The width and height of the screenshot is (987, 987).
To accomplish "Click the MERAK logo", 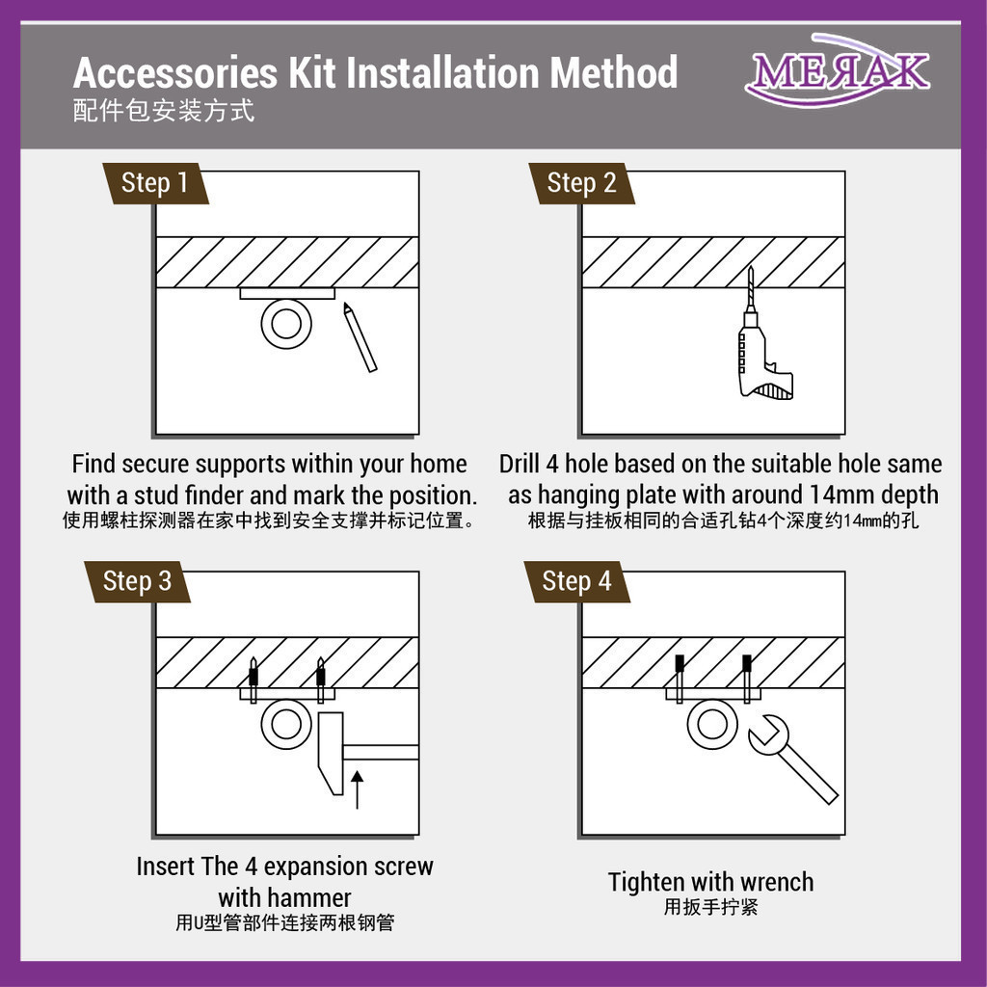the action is pyautogui.click(x=838, y=70).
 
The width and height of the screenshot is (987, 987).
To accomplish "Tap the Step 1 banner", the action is pyautogui.click(x=155, y=183).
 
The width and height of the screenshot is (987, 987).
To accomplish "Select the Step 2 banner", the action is pyautogui.click(x=581, y=183).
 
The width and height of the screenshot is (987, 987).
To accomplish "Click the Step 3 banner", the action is pyautogui.click(x=137, y=581).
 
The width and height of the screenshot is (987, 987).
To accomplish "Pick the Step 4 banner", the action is pyautogui.click(x=576, y=581).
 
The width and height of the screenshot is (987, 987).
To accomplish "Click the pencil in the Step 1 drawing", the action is pyautogui.click(x=360, y=338).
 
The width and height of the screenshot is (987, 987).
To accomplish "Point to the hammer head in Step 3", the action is pyautogui.click(x=332, y=753).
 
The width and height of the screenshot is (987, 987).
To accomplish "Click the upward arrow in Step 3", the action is pyautogui.click(x=357, y=789).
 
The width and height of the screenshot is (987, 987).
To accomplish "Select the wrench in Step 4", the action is pyautogui.click(x=793, y=759).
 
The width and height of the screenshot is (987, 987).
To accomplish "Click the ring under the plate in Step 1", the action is pyautogui.click(x=286, y=324).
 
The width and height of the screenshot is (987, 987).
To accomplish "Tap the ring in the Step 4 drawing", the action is pyautogui.click(x=712, y=724).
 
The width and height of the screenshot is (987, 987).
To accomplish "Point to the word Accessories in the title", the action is pyautogui.click(x=175, y=72).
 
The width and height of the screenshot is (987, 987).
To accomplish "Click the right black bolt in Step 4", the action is pyautogui.click(x=747, y=663).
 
